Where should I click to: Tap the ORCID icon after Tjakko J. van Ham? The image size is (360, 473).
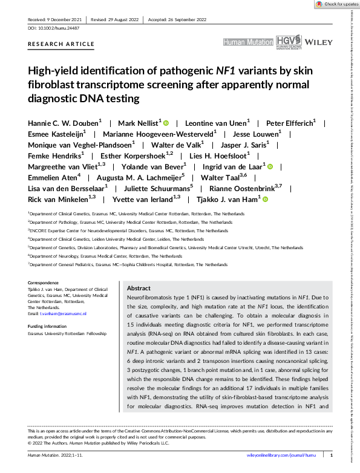point(265,198)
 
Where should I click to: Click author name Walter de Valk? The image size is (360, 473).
point(176,145)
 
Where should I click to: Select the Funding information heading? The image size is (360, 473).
point(51,326)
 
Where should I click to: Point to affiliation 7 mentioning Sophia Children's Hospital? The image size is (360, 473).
point(128,265)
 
